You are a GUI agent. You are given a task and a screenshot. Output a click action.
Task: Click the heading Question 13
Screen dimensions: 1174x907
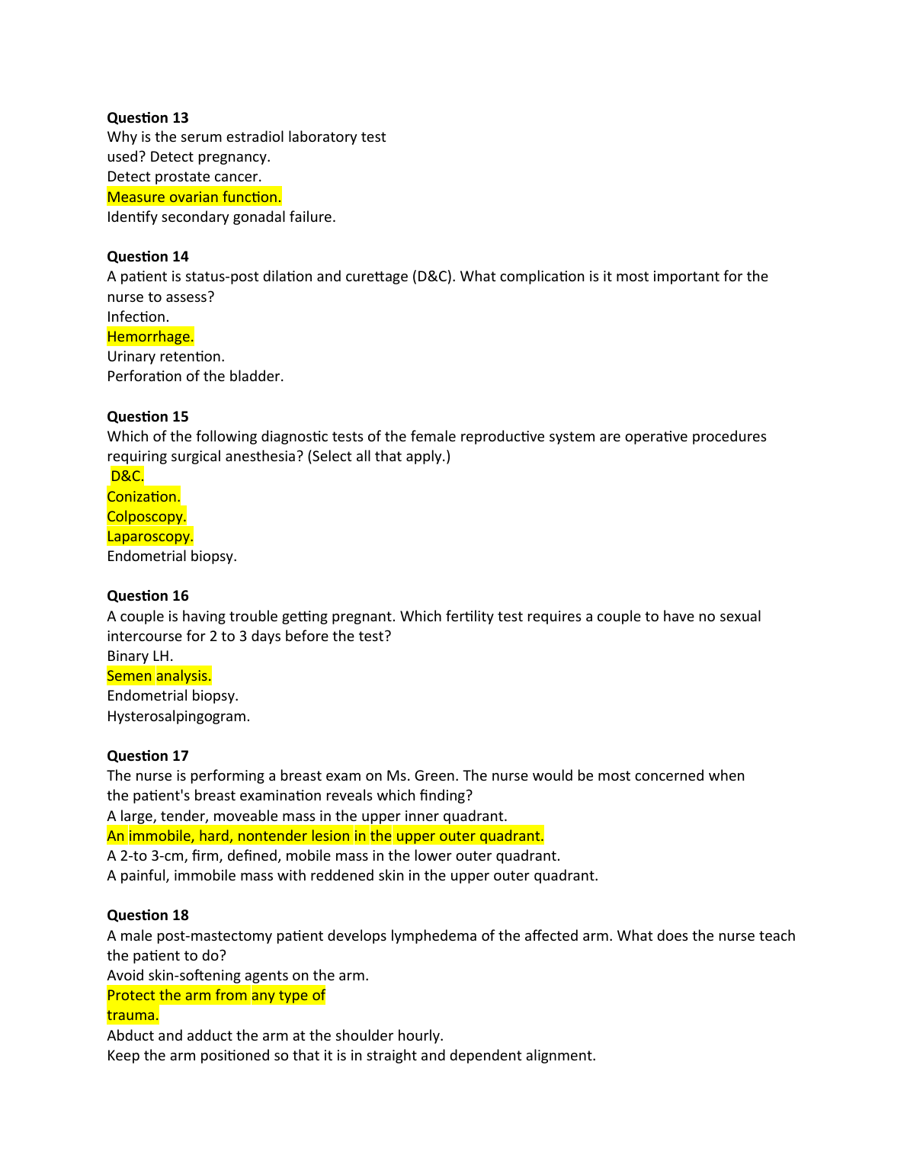click(147, 117)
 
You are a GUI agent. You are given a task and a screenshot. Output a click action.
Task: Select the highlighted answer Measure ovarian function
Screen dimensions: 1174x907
click(194, 197)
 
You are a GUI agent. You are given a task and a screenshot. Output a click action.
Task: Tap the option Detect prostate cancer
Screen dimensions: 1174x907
click(184, 177)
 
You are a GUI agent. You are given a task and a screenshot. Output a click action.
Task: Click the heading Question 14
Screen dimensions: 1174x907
click(147, 256)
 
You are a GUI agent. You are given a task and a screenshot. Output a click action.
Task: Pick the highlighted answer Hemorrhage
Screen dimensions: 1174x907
click(150, 336)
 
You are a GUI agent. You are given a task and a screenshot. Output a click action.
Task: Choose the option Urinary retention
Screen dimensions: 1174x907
click(165, 357)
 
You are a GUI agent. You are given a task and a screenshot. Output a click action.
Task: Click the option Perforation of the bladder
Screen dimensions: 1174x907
click(195, 377)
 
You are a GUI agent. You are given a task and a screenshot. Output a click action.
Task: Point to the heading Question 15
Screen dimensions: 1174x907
click(147, 416)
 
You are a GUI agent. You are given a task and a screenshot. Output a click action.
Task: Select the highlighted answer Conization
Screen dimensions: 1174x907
click(143, 496)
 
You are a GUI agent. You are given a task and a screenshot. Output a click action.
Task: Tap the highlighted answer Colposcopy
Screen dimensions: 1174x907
click(146, 516)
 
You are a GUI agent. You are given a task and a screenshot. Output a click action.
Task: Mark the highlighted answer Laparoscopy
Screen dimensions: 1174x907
click(149, 536)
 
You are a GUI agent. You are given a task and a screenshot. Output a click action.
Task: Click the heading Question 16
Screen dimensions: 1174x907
click(147, 595)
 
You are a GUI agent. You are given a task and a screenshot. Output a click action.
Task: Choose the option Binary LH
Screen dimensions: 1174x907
click(139, 656)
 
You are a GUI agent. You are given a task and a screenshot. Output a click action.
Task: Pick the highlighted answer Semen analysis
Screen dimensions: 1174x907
click(159, 675)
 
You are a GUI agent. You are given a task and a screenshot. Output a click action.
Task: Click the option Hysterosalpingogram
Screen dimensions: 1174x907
click(178, 716)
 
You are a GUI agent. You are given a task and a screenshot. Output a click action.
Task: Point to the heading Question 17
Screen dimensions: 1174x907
click(147, 755)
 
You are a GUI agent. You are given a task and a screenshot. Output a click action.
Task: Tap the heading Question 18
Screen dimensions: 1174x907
click(147, 915)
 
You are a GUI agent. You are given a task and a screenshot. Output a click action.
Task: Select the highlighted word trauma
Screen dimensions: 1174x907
click(133, 1015)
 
